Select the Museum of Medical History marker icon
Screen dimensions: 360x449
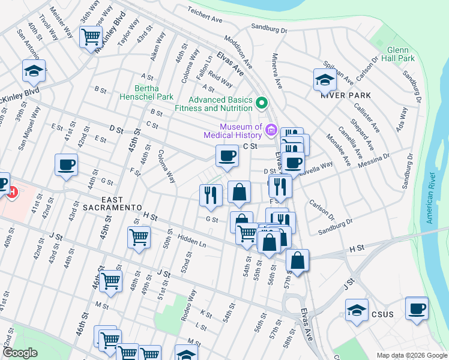tap(271, 130)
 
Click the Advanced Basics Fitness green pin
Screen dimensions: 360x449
tap(261, 104)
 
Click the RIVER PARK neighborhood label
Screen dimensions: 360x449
tap(346, 95)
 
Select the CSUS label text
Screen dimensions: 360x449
tap(382, 314)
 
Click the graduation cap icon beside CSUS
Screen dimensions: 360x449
tap(357, 310)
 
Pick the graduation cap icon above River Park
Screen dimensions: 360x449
tap(325, 79)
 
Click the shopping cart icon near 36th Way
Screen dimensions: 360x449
tap(91, 37)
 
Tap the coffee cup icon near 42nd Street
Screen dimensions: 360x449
tap(66, 164)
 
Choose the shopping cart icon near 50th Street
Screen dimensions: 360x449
tap(139, 237)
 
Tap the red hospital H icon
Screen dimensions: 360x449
tap(11, 193)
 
